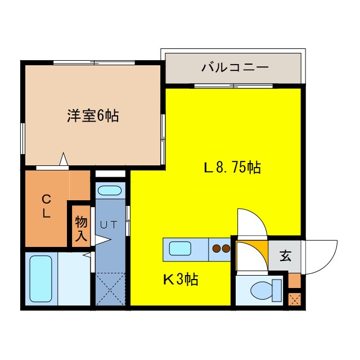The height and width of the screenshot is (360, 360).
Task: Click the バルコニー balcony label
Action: click(235, 68)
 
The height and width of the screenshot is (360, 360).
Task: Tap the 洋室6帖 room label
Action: click(93, 116)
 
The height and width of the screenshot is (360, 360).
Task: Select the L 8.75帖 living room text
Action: click(232, 167)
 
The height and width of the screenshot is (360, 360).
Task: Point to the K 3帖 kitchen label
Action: click(181, 279)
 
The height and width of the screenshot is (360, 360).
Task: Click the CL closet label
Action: click(47, 206)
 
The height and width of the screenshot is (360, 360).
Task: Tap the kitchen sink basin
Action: click(181, 247)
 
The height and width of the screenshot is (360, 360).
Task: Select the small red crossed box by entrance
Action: click(295, 298)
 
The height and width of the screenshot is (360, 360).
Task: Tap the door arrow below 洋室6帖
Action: click(64, 161)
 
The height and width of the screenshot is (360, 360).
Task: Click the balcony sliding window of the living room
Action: click(233, 85)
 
